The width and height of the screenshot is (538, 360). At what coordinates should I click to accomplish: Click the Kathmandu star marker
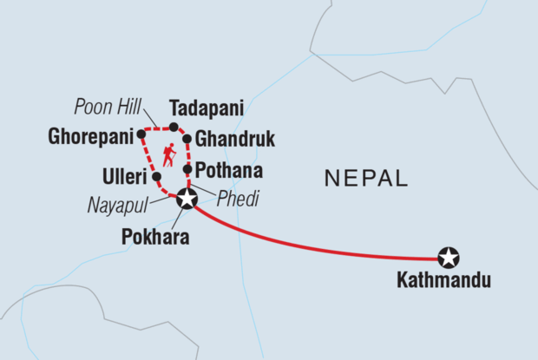click(448, 258)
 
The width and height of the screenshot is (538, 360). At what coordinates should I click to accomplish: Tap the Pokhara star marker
click(186, 200)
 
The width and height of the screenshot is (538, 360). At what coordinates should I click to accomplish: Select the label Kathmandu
click(443, 280)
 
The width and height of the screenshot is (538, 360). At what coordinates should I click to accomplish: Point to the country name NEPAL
click(365, 180)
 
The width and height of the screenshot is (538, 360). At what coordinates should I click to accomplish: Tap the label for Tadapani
click(206, 108)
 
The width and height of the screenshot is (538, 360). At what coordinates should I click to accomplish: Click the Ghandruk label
click(229, 139)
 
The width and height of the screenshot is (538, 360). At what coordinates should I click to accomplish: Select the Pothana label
click(229, 169)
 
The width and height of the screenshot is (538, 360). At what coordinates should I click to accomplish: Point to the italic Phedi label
click(239, 200)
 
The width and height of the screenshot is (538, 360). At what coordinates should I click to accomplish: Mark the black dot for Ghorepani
click(141, 134)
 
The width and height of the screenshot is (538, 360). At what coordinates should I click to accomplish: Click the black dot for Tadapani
click(174, 128)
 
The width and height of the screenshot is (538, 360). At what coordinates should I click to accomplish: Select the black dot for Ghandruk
click(187, 139)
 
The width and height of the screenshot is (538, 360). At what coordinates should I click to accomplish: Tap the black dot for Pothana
click(187, 168)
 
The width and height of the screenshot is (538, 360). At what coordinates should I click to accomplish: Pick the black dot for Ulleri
click(156, 176)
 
